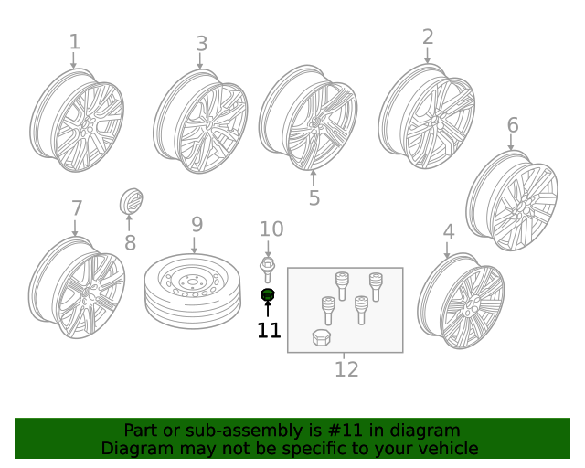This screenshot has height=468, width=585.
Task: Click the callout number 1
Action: coord(74,41)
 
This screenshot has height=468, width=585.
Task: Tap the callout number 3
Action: coord(201,44)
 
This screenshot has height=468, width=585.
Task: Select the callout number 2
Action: coord(428,37)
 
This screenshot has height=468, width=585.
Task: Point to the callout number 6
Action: coord(512,125)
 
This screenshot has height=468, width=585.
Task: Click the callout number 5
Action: coord(314,198)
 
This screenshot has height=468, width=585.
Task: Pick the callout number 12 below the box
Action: coord(346,369)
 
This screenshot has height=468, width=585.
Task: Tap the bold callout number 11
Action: coord(269,330)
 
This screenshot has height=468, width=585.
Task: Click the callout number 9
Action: coord(197,224)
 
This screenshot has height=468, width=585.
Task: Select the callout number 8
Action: coord(130,242)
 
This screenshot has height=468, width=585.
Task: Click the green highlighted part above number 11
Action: coord(268,293)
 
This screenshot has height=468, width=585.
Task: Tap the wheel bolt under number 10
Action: coord(268,270)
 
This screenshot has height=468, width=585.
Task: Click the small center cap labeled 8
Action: coord(133,202)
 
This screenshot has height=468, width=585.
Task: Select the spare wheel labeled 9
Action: coord(192,291)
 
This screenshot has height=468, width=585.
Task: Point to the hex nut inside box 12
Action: coord(322,337)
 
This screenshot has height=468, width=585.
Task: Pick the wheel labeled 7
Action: coord(77,288)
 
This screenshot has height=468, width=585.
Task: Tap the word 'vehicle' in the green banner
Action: coord(447,449)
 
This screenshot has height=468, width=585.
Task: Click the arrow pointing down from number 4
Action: coord(447,250)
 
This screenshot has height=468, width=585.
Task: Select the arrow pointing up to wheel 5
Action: coord(314,176)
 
